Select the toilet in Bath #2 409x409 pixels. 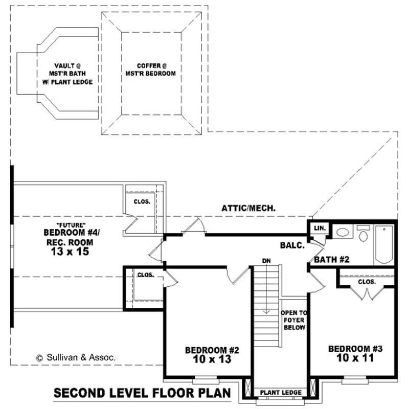coord(363,235)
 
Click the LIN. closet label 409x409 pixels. coord(318,228)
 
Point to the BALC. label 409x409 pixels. coord(292,245)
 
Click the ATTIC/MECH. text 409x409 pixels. coord(249,208)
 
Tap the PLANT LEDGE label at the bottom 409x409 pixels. coord(281,393)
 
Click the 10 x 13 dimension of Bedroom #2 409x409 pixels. coord(212,359)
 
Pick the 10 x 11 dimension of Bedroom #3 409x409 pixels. coord(355,358)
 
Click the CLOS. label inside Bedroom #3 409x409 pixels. coord(367,282)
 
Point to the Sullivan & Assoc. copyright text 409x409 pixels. coord(75,358)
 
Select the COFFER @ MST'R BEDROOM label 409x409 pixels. coord(152,70)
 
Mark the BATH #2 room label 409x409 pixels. coord(331,260)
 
